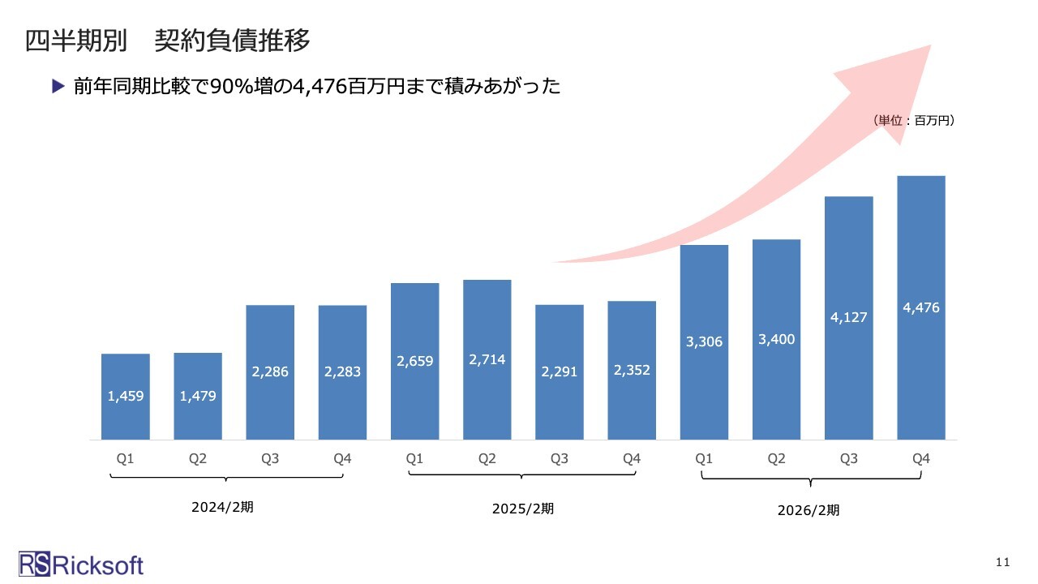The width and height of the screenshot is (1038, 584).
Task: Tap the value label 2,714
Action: (x=487, y=359)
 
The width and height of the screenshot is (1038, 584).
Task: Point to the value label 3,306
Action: (x=704, y=341)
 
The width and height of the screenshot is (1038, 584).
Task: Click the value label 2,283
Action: (x=342, y=372)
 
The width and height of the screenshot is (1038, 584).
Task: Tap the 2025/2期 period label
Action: (x=524, y=509)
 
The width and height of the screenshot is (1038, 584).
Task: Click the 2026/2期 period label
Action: (x=809, y=510)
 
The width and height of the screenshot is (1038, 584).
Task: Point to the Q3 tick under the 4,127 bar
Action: (x=849, y=459)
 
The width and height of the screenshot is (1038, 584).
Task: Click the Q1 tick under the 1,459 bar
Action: (x=126, y=459)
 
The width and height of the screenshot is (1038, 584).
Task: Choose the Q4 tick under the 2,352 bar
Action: (x=632, y=459)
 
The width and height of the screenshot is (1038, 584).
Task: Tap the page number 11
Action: (x=1003, y=562)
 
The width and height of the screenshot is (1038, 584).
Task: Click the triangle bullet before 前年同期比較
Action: (x=57, y=85)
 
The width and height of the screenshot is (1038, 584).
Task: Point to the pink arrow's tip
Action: (x=929, y=47)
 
